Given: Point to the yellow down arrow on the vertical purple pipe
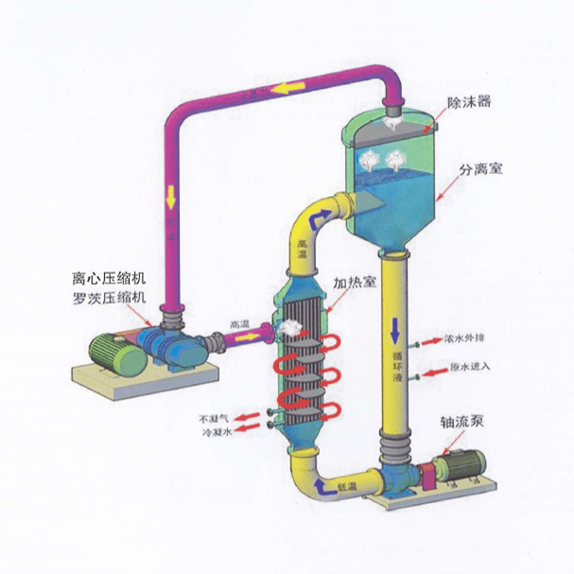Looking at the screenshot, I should (171, 198).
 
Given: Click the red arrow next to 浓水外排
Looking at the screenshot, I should (430, 338).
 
